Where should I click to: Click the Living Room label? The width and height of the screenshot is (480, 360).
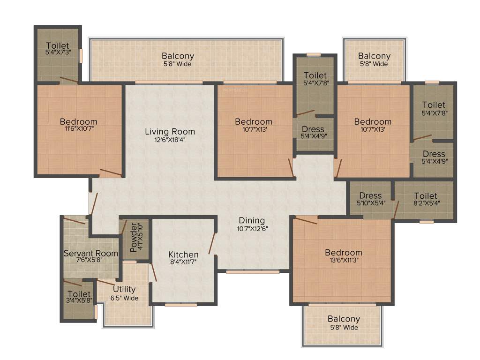pyautogui.click(x=170, y=131)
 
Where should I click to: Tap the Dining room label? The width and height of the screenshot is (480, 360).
pyautogui.click(x=252, y=220)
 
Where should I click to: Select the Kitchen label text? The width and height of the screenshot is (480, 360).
pyautogui.click(x=183, y=255)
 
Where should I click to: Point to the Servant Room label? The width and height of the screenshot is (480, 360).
pyautogui.click(x=91, y=253)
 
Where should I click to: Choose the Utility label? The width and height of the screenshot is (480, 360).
pyautogui.click(x=124, y=289)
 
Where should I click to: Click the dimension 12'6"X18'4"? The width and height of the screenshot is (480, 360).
pyautogui.click(x=170, y=140)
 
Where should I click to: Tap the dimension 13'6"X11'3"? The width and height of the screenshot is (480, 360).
pyautogui.click(x=344, y=260)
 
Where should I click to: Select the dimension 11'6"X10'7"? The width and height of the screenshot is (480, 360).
pyautogui.click(x=78, y=129)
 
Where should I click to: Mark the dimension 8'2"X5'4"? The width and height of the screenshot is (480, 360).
pyautogui.click(x=426, y=203)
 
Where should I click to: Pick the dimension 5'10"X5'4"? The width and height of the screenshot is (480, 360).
pyautogui.click(x=370, y=203)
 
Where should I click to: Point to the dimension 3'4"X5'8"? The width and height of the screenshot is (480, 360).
pyautogui.click(x=79, y=301)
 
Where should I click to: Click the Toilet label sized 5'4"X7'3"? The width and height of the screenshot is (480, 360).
pyautogui.click(x=57, y=46)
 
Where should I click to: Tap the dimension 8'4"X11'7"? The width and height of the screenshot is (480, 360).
pyautogui.click(x=183, y=262)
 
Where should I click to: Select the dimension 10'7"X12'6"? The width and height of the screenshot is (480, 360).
pyautogui.click(x=252, y=229)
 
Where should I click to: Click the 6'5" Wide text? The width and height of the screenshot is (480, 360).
pyautogui.click(x=124, y=298)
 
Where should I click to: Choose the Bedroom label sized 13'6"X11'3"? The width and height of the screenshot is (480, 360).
pyautogui.click(x=344, y=253)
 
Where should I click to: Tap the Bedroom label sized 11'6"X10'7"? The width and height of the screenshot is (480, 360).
pyautogui.click(x=78, y=121)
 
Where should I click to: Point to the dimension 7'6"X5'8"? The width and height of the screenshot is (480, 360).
pyautogui.click(x=91, y=260)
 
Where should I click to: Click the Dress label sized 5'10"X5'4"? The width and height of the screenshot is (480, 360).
pyautogui.click(x=370, y=195)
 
